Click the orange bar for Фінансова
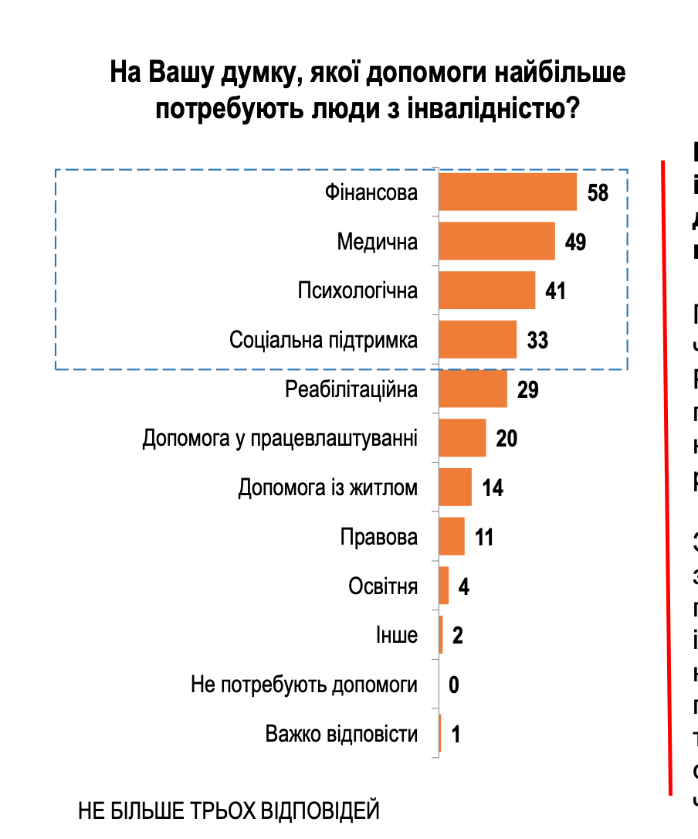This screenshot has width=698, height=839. point(507,192)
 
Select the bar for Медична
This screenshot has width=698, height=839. point(496,241)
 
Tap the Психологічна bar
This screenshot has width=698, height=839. point(486,290)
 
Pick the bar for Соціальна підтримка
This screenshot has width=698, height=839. point(477,340)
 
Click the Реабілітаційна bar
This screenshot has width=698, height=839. point(473,389)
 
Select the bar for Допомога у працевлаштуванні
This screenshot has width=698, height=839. point(462,438)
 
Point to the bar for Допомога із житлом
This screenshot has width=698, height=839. point(455,487)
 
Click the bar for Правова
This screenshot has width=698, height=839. point(452,536)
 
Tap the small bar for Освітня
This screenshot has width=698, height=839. point(444,586)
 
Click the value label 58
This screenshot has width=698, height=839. point(598,192)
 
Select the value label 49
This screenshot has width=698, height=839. point(575,242)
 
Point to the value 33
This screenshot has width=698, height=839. point(537,340)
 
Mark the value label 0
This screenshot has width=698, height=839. point(453,684)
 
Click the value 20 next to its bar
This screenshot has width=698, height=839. point(507,439)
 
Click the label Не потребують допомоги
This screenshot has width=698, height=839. point(304,684)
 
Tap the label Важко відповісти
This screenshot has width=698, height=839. point(341,733)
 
